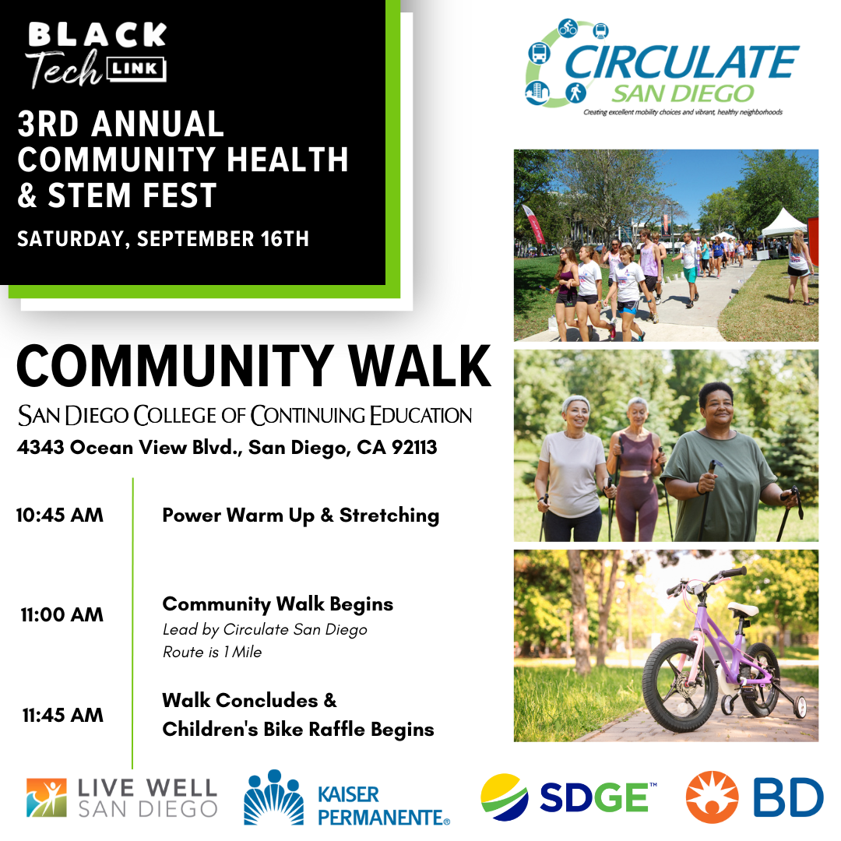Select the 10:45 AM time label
pyautogui.click(x=59, y=516)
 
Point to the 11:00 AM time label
pyautogui.click(x=62, y=615)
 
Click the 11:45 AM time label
pyautogui.click(x=62, y=715)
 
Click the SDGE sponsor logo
pyautogui.click(x=568, y=797)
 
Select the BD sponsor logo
pyautogui.click(x=754, y=797)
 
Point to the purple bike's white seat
pyautogui.click(x=741, y=611)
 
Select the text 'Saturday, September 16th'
pyautogui.click(x=163, y=238)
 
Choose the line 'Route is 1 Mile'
pyautogui.click(x=212, y=652)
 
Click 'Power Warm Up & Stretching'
pyautogui.click(x=300, y=516)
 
